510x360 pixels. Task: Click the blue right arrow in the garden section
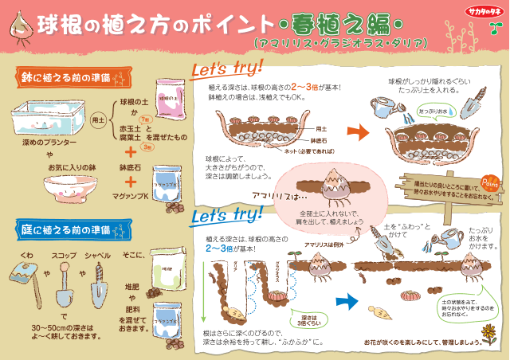click(346, 302)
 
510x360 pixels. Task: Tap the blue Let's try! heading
click(226, 213)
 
